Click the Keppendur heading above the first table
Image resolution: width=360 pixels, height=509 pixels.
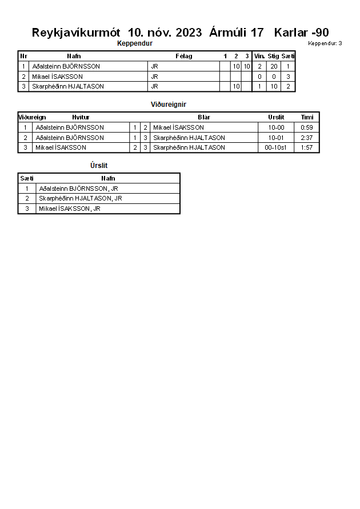click(x=134, y=43)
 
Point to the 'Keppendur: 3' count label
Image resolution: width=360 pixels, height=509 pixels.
click(x=325, y=43)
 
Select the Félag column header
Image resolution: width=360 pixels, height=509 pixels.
click(x=183, y=56)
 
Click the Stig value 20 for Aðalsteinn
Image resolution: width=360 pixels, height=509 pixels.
click(x=274, y=66)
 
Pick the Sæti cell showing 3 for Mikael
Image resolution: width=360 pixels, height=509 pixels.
click(x=288, y=77)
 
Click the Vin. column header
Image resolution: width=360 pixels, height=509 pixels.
click(x=259, y=56)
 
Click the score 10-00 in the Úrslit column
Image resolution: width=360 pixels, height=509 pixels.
click(x=276, y=127)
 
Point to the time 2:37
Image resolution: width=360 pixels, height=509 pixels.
click(x=307, y=138)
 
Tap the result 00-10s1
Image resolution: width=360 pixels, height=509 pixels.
click(x=276, y=147)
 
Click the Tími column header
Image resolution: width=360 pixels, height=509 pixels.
click(x=307, y=117)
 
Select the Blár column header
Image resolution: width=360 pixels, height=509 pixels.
click(x=203, y=117)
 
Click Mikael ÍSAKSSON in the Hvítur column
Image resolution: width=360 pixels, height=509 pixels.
click(x=61, y=147)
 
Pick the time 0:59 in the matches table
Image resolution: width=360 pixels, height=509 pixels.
click(x=307, y=127)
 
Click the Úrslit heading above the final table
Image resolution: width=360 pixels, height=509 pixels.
click(x=99, y=166)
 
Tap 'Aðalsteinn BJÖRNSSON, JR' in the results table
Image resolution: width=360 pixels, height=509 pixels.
click(x=78, y=189)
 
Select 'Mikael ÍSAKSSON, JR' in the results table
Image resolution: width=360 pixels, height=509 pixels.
click(x=70, y=209)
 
